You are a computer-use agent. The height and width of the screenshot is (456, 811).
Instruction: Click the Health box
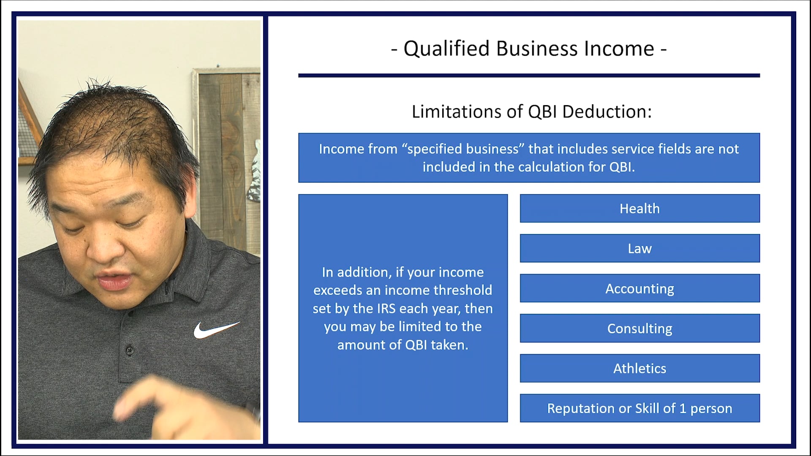[x=640, y=209]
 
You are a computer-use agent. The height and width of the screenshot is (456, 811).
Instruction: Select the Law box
[x=640, y=249]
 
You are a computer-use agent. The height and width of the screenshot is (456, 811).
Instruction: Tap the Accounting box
[x=640, y=289]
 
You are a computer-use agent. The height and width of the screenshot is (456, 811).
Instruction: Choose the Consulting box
[x=640, y=328]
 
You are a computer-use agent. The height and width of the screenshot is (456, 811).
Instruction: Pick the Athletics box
[x=640, y=369]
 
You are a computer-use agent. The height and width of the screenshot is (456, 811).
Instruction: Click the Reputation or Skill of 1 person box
[x=640, y=408]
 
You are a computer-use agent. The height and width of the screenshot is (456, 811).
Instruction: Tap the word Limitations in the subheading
[x=457, y=112]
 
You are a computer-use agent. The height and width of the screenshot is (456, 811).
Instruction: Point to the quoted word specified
[x=462, y=149]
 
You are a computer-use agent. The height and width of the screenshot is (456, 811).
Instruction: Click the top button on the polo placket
[x=130, y=350]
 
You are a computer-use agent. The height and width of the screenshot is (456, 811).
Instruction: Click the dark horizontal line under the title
[x=529, y=76]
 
